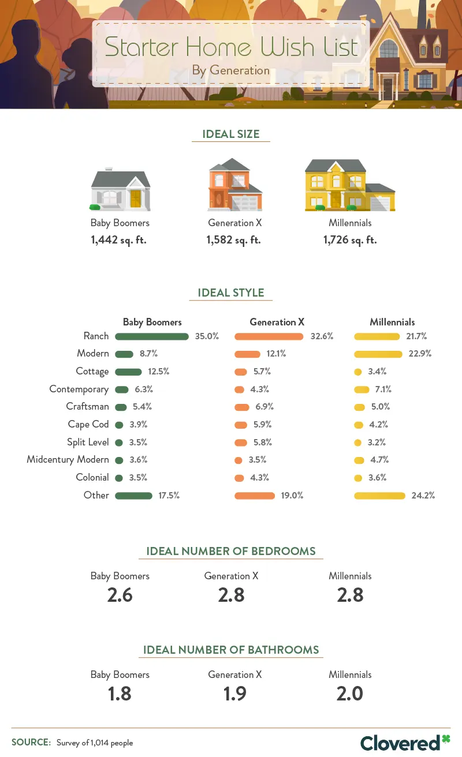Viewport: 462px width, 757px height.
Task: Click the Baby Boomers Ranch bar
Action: click(152, 336)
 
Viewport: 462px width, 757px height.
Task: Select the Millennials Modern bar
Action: click(378, 354)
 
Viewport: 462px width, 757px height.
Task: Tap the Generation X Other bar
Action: click(255, 496)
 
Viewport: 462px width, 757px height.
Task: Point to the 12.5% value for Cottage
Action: click(158, 372)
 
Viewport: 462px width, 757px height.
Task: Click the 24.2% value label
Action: click(422, 496)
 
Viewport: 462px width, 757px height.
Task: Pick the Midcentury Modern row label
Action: click(68, 460)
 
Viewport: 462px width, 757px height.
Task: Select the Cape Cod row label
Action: click(88, 425)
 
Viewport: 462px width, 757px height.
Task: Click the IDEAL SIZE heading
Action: click(230, 134)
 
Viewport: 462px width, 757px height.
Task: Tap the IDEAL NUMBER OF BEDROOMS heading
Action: click(230, 551)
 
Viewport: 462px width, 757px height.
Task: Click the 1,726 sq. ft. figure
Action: click(349, 240)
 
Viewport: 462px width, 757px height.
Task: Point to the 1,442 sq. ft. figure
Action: click(118, 240)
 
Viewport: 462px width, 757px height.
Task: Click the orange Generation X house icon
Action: click(234, 185)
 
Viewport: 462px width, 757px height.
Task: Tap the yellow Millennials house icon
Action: click(349, 185)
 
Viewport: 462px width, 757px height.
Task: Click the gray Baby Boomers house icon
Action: click(120, 189)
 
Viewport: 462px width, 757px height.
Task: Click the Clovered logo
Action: click(405, 743)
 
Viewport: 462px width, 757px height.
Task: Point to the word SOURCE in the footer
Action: click(31, 743)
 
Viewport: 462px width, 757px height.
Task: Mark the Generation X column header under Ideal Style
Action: click(277, 323)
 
